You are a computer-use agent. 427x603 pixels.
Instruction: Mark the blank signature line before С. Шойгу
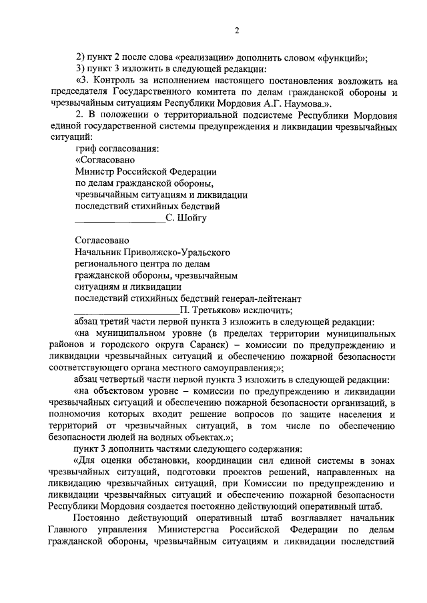(119, 219)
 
